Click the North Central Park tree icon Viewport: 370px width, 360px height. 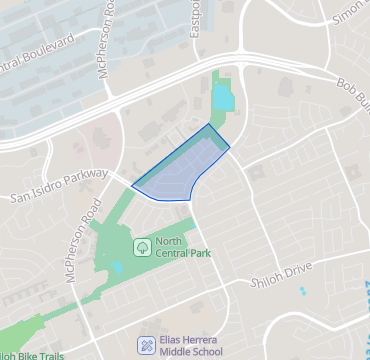[143, 245]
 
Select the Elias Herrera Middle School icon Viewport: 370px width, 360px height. [146, 345]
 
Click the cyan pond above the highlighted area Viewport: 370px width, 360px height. [221, 98]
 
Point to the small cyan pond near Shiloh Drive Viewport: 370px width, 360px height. [302, 290]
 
